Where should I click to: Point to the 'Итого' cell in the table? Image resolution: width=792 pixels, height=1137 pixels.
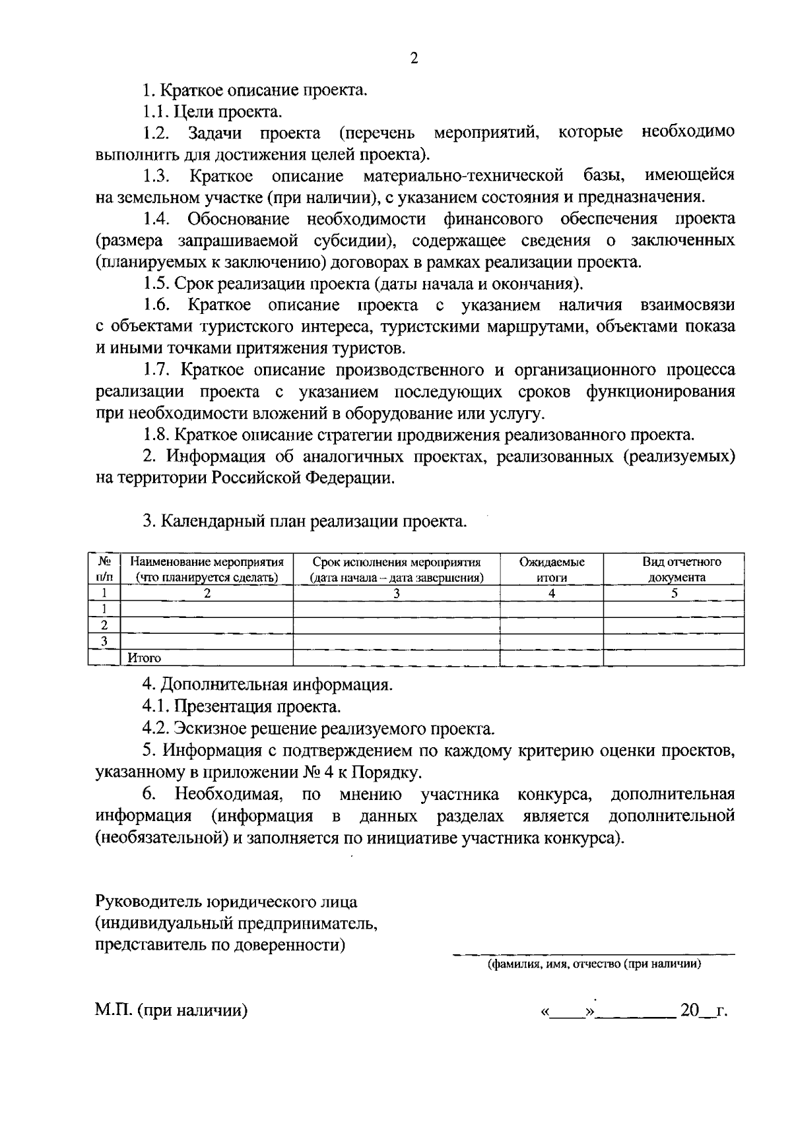coord(145,658)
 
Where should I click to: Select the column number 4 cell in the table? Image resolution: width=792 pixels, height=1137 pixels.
coord(552,593)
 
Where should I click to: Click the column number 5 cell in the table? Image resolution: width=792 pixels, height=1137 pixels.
coord(675,593)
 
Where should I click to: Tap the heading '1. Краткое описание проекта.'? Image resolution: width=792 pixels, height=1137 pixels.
coord(255,90)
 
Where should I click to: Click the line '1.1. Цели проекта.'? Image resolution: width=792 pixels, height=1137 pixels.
coord(213,112)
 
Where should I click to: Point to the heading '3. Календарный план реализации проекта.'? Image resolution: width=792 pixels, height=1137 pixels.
coord(305,522)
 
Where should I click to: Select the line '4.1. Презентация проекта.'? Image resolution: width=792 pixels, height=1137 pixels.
coord(242,707)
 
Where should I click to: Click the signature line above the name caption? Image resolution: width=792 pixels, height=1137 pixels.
coord(593,954)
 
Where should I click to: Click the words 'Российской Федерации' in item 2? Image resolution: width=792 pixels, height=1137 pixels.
coord(303,478)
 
